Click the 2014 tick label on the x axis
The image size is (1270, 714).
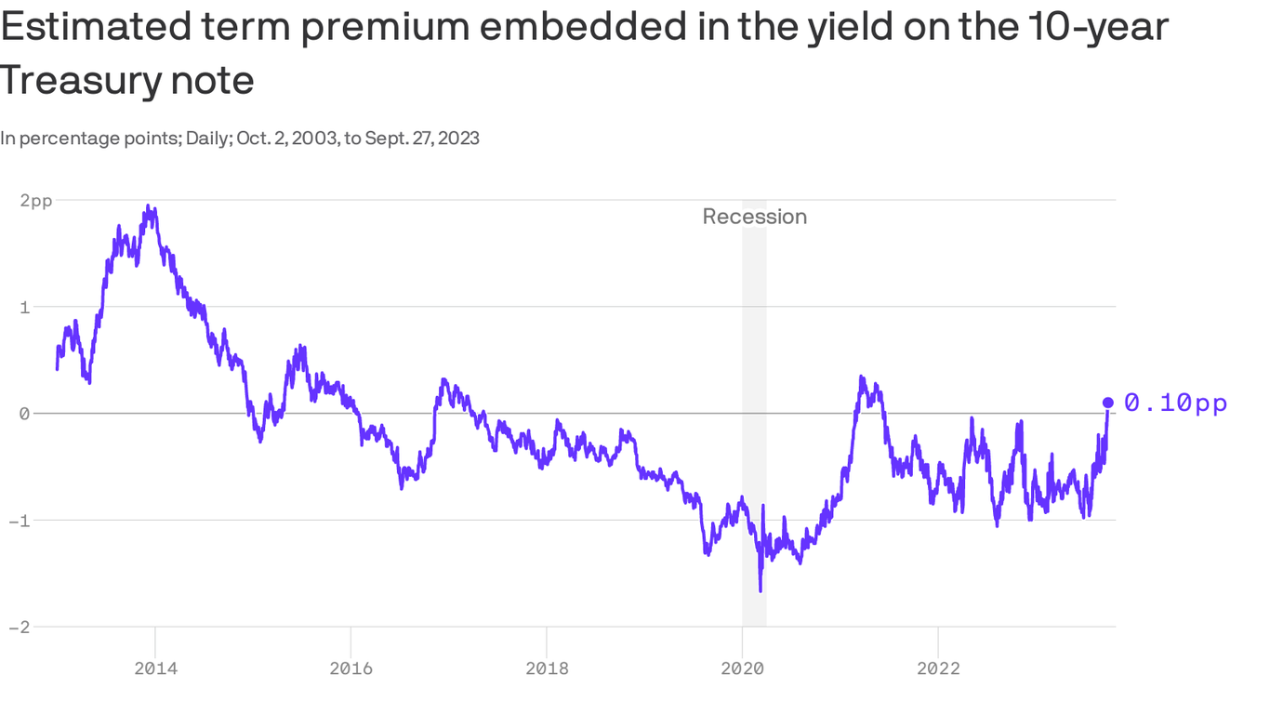click(154, 668)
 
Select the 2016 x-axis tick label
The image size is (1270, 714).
click(351, 668)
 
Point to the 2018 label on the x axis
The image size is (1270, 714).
click(547, 668)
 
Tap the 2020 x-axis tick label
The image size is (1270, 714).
click(742, 668)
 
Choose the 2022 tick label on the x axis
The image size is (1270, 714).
click(938, 668)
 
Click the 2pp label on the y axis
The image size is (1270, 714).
click(35, 200)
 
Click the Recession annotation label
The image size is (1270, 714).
click(754, 217)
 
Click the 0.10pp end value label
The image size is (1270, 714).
click(1175, 403)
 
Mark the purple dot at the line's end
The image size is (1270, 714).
click(1107, 403)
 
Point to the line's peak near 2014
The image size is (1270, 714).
click(149, 206)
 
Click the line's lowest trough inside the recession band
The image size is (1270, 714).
click(761, 590)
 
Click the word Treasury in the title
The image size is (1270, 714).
click(79, 81)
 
